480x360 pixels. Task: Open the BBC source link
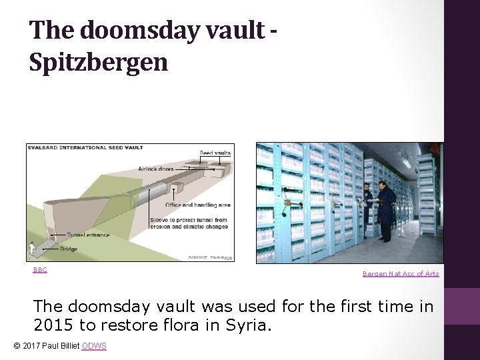click(x=40, y=270)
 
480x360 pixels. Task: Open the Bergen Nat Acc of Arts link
click(x=401, y=273)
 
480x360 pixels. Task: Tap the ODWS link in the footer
click(x=94, y=345)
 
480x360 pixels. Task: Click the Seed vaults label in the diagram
click(x=215, y=153)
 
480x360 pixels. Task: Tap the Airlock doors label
click(x=157, y=169)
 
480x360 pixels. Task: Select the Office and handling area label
click(x=199, y=205)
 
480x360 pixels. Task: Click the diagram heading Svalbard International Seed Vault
click(x=85, y=147)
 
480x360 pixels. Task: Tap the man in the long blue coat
click(x=385, y=209)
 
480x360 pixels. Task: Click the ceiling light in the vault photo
click(x=405, y=161)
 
